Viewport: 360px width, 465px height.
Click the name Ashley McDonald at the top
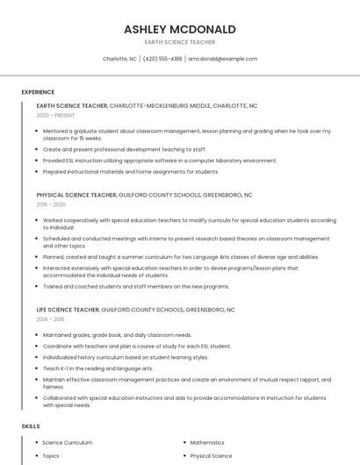pyautogui.click(x=180, y=29)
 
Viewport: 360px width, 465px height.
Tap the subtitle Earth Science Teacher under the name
pyautogui.click(x=180, y=42)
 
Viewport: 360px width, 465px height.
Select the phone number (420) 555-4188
pyautogui.click(x=162, y=59)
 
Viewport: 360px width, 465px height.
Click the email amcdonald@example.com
pyautogui.click(x=222, y=59)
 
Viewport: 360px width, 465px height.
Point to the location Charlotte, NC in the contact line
pyautogui.click(x=120, y=59)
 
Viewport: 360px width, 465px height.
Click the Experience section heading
pyautogui.click(x=38, y=92)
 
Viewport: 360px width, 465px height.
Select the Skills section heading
pyautogui.click(x=31, y=426)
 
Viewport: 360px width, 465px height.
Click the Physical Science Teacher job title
pyautogui.click(x=76, y=195)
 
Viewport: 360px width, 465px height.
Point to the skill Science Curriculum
pyautogui.click(x=68, y=443)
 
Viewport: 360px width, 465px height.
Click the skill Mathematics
pyautogui.click(x=207, y=443)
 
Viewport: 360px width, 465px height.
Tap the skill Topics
pyautogui.click(x=51, y=456)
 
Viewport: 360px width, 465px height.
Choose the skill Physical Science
pyautogui.click(x=211, y=456)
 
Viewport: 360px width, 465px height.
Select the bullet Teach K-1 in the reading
pyautogui.click(x=97, y=368)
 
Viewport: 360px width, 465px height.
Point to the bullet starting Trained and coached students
pyautogui.click(x=135, y=286)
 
